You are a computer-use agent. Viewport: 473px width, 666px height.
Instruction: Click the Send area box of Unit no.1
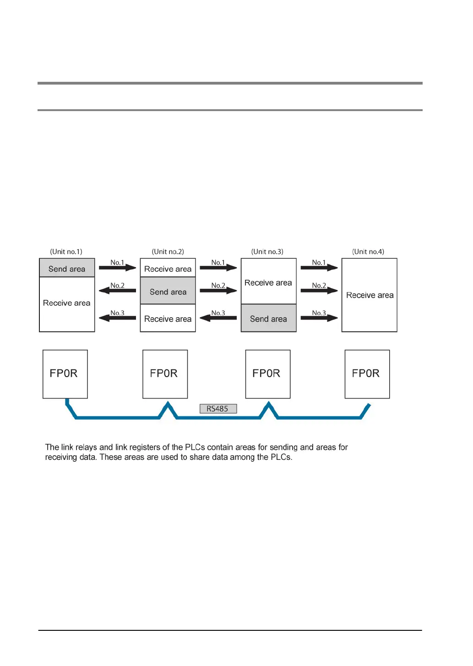pos(67,268)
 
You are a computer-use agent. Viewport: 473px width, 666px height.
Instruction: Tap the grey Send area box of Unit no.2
pos(168,291)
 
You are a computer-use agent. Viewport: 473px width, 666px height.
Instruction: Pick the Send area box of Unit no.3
pos(268,318)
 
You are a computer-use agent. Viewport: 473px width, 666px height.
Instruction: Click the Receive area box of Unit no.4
pos(369,295)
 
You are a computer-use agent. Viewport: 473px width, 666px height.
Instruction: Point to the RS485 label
pos(218,409)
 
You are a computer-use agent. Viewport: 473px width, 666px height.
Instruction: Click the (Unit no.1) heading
pos(66,251)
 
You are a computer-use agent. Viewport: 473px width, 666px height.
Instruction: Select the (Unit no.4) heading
pos(368,251)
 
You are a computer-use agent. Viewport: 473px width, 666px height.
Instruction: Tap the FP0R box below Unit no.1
pos(65,374)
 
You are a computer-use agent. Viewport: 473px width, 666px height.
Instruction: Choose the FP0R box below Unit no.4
pos(367,374)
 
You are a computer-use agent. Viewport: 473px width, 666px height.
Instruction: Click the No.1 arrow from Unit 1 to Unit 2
pos(118,267)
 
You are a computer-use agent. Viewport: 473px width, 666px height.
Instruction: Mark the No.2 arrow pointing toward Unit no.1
pos(117,290)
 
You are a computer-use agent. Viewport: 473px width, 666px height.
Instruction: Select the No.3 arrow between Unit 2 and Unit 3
pos(218,318)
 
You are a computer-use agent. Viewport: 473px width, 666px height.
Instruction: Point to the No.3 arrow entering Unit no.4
pos(319,318)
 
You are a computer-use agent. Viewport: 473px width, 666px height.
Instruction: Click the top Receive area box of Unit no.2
pos(168,268)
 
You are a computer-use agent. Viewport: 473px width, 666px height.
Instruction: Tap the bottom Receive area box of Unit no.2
pos(168,318)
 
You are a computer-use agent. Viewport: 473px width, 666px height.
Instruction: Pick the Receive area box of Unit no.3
pos(268,282)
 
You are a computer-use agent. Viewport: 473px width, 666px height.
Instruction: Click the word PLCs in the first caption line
pos(195,447)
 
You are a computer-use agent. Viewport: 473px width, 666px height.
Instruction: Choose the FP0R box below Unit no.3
pos(268,374)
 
